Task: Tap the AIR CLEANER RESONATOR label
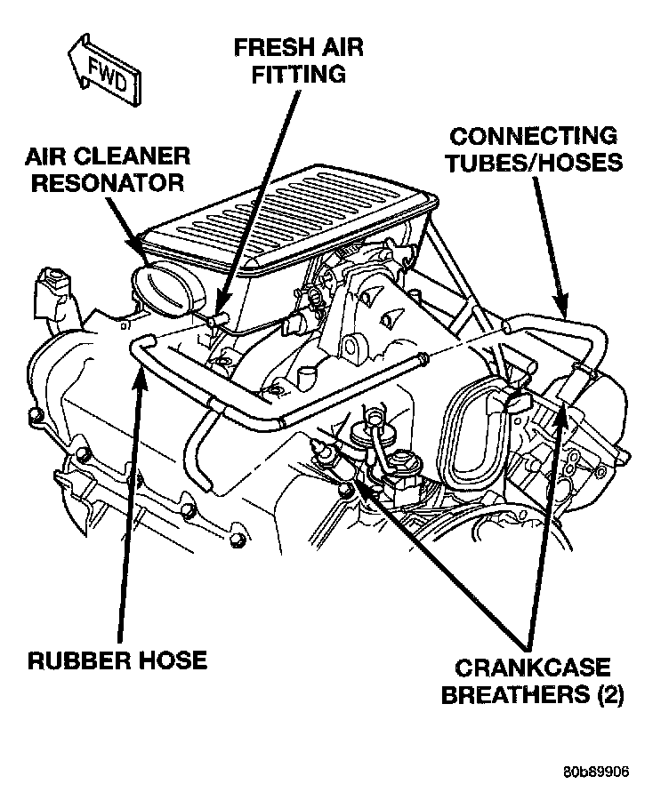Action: (x=108, y=170)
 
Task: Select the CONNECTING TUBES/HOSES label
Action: (x=534, y=150)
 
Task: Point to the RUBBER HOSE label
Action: (x=117, y=660)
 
